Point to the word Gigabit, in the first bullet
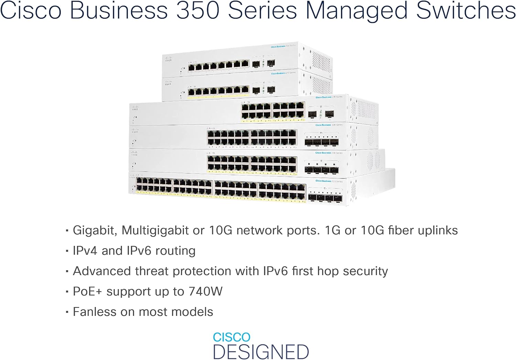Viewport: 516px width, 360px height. coord(95,231)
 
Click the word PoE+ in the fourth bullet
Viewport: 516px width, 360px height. coord(87,292)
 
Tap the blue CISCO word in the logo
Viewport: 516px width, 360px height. coord(232,337)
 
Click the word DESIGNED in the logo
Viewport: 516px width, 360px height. coord(261,352)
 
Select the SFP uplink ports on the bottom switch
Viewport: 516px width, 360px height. coord(325,197)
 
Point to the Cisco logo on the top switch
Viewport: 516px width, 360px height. coord(168,59)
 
